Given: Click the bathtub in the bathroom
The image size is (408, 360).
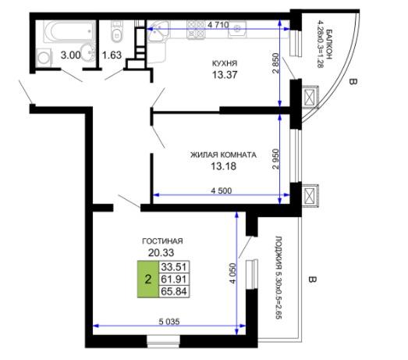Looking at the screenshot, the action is tap(69, 32).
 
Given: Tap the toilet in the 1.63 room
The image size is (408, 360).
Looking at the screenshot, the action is tap(116, 31).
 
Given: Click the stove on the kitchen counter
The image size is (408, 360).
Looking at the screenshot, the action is tap(196, 30).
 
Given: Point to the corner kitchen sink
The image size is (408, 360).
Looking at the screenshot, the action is tap(158, 30).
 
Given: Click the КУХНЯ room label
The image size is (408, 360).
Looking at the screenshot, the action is tap(225, 63).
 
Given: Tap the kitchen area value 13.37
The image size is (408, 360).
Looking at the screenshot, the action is tap(225, 75).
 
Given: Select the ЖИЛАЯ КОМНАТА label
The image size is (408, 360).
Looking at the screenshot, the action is tap(223, 155).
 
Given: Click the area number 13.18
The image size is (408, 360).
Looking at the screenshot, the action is tap(223, 166).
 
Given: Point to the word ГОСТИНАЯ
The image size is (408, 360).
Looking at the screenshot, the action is tap(162, 241).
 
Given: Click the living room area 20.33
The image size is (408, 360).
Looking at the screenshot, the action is tap(161, 252).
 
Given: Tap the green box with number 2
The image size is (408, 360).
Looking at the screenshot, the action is tap(147, 280).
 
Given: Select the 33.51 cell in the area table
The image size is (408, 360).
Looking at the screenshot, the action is tap(174, 267).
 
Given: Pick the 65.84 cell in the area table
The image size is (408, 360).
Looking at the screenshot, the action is tap(174, 291).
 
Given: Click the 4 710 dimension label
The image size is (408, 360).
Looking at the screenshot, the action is tap(218, 25).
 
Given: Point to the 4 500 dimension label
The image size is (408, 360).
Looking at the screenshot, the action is tap(222, 191).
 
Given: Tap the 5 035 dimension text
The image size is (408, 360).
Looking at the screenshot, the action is tap(169, 322).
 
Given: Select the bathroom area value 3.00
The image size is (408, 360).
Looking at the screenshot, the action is tap(70, 55).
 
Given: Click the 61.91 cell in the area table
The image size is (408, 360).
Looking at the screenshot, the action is tap(174, 280).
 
